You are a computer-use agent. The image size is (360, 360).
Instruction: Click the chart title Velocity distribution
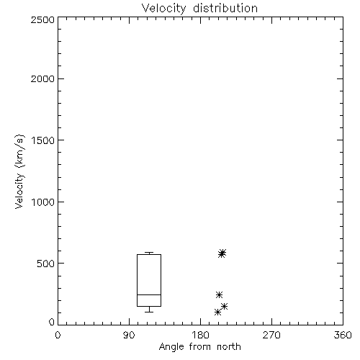(x=199, y=9)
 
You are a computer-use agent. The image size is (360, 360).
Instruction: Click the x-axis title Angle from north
(x=199, y=347)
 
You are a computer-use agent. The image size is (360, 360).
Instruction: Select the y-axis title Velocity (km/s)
(x=19, y=171)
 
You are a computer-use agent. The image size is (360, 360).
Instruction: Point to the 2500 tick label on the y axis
(x=42, y=19)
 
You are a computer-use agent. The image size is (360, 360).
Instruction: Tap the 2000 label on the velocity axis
(x=42, y=78)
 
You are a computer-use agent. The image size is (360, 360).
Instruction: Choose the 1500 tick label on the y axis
(x=43, y=140)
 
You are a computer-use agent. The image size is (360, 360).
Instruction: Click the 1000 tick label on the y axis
(x=43, y=202)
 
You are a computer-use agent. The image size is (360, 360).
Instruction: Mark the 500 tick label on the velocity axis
(x=45, y=264)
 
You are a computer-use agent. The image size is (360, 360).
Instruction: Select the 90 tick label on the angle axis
(x=129, y=335)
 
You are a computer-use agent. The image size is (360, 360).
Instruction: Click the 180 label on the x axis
(x=200, y=335)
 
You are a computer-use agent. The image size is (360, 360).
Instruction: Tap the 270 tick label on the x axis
(x=271, y=335)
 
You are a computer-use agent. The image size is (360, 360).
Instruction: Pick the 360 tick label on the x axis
(x=343, y=335)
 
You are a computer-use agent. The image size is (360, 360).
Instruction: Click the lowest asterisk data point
(x=217, y=312)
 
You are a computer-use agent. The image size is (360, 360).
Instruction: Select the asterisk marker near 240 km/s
(x=219, y=294)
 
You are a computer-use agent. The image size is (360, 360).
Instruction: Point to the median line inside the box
(x=149, y=294)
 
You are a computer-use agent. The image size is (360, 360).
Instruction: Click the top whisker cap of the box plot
(x=149, y=252)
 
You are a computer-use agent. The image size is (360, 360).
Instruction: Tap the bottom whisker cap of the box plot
(x=149, y=312)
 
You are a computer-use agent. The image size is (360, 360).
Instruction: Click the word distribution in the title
(x=225, y=9)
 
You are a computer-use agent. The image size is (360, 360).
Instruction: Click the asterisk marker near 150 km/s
(x=225, y=306)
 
